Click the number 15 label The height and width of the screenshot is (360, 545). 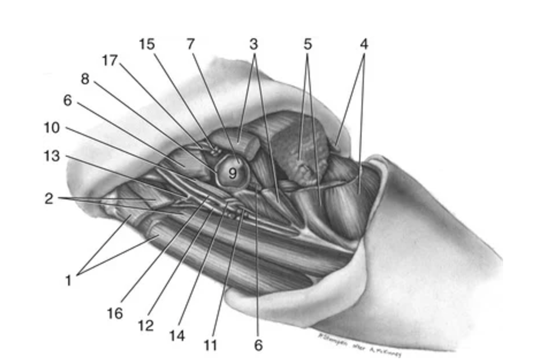[147, 45]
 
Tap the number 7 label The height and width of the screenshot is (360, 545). [191, 45]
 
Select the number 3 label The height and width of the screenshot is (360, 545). [254, 45]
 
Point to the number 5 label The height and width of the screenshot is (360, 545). [307, 45]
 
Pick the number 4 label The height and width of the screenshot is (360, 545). [364, 45]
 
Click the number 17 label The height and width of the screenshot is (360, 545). [110, 60]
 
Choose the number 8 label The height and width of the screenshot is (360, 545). [85, 79]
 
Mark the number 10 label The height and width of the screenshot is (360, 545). [52, 128]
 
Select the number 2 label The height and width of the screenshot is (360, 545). [48, 199]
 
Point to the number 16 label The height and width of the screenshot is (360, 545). [115, 314]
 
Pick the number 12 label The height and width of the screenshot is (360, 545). [145, 325]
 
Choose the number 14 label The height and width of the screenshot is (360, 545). [177, 336]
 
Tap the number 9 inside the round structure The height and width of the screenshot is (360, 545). [232, 174]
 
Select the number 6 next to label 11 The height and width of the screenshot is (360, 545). [258, 344]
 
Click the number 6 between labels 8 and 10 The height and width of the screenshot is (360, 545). [68, 100]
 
